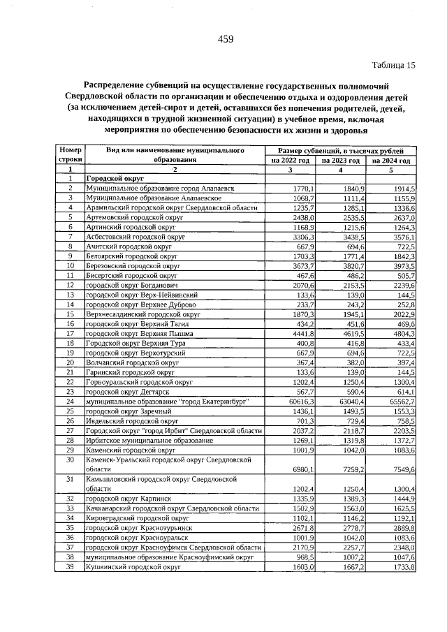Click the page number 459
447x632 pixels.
point(224,39)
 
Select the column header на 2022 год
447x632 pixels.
point(289,161)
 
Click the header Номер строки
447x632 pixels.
point(71,155)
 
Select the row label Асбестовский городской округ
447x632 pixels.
point(135,237)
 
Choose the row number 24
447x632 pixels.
point(71,402)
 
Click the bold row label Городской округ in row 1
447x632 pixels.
point(110,179)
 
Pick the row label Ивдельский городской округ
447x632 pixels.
point(131,421)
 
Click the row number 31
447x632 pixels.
point(71,480)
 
